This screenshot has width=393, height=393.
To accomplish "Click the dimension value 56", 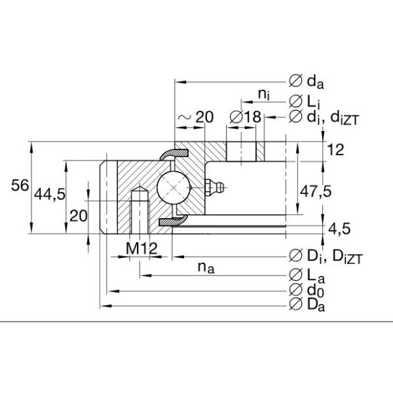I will (20, 186).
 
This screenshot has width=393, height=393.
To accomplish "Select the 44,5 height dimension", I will (52, 195).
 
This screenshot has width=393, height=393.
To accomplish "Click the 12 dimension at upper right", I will (335, 150).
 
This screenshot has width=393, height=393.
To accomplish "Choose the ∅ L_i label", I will (304, 100).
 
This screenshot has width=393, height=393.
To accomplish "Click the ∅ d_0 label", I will (305, 289).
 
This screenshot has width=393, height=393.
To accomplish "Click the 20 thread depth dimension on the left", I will (78, 217).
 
